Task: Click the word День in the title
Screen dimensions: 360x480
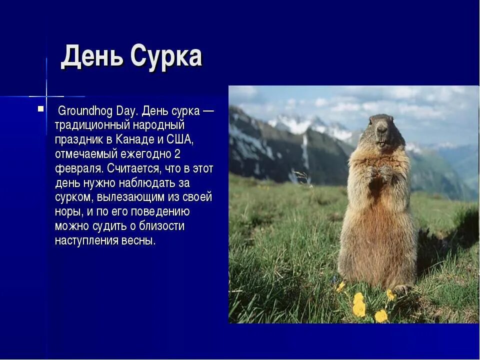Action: click(x=92, y=56)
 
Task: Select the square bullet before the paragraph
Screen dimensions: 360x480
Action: click(x=41, y=108)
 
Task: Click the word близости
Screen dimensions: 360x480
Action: click(x=159, y=225)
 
